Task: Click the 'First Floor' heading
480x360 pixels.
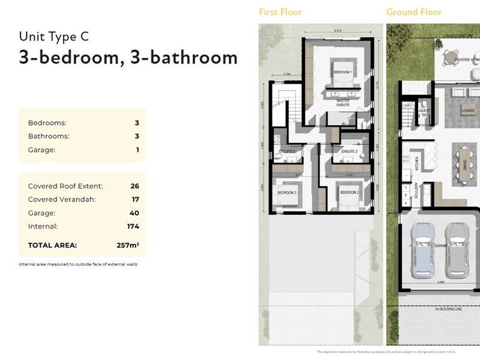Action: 280,12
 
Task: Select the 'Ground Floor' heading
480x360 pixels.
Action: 413,12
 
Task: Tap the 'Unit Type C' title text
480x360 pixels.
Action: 54,36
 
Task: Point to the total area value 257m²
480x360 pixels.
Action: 127,245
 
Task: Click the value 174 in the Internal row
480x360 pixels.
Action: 133,226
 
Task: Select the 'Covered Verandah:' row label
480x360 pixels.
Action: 62,199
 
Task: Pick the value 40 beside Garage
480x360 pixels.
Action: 134,213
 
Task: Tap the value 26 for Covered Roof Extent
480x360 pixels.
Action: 134,186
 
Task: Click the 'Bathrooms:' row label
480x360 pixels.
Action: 49,136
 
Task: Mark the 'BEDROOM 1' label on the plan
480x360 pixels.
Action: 343,72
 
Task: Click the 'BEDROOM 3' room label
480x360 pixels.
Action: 286,192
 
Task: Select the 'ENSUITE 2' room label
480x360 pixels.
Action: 349,152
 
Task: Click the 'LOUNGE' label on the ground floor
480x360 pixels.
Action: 468,110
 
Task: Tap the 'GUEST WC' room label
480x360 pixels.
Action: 424,112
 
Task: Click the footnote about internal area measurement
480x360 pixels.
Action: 78,264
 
